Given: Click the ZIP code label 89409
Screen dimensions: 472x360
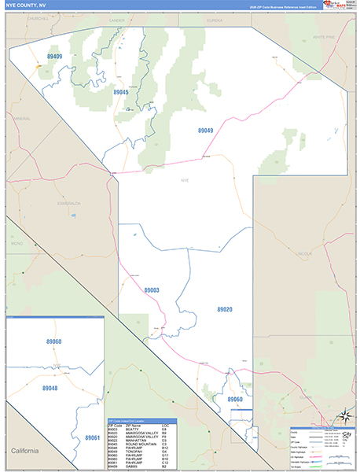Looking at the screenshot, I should (x=54, y=57).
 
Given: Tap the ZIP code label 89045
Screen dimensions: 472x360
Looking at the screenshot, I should (x=120, y=92).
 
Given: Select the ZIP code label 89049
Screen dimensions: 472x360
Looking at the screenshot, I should (x=205, y=131).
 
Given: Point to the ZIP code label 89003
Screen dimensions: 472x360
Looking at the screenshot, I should (x=152, y=290).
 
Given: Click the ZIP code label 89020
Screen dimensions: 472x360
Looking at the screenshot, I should (x=225, y=310).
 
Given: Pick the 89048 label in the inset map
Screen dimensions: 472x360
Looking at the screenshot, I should (x=50, y=389).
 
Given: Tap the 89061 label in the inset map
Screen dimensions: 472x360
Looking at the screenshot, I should (x=92, y=437).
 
